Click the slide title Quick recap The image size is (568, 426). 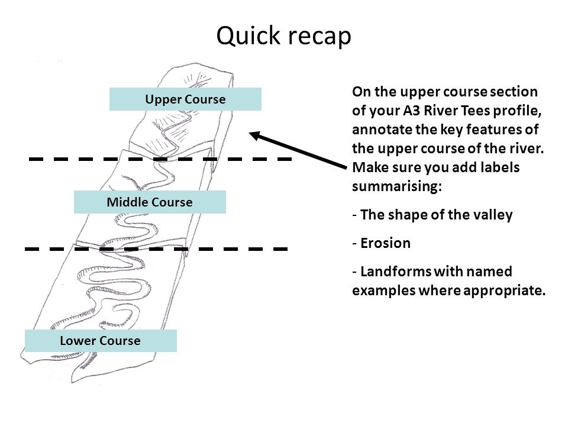[x=283, y=36]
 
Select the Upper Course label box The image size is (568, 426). [x=185, y=99]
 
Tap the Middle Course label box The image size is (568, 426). [x=150, y=202]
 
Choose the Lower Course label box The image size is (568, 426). [x=101, y=341]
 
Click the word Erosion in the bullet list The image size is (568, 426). [x=385, y=243]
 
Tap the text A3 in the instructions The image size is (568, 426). [x=412, y=110]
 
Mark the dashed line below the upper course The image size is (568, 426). [x=160, y=159]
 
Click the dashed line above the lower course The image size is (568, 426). [x=156, y=249]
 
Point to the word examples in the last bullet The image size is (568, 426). [x=384, y=291]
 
